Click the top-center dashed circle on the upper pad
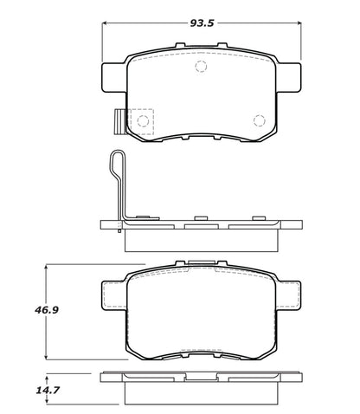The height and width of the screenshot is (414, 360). pyautogui.click(x=201, y=68)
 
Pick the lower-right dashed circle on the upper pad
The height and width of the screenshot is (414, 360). pyautogui.click(x=258, y=120)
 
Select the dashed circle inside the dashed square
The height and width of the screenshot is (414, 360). pyautogui.click(x=141, y=120)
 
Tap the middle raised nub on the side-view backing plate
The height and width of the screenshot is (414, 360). pyautogui.click(x=198, y=217)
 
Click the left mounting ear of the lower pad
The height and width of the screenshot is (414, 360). pyautogui.click(x=113, y=294)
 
